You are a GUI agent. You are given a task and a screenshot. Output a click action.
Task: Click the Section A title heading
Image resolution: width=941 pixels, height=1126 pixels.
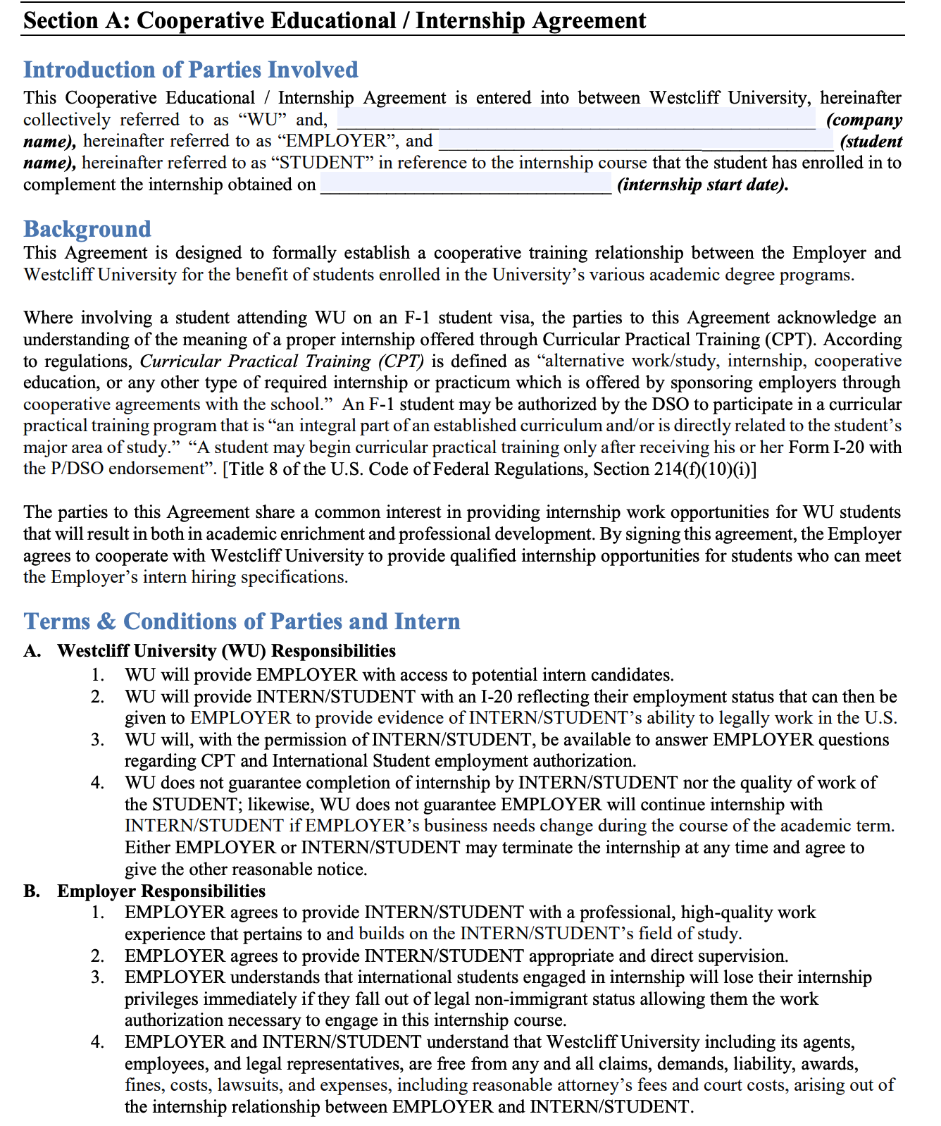pos(334,20)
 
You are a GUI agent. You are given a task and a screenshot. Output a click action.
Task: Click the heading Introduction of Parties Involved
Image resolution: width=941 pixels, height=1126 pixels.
pos(190,70)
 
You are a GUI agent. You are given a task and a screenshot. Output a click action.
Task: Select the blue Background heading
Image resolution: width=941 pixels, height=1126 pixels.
pos(87,229)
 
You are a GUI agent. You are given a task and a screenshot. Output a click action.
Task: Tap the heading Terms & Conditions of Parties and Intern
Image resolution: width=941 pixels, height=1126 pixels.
pos(242,621)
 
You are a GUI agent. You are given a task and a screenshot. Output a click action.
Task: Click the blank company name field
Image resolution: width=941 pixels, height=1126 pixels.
pos(575,119)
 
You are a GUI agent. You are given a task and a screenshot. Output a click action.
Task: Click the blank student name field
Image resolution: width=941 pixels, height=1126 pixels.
pos(635,141)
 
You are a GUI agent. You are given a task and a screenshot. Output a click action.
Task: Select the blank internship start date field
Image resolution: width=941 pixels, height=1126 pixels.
pos(466,185)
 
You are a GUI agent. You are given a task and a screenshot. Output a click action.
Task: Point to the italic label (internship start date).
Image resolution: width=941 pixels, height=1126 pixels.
pos(702,185)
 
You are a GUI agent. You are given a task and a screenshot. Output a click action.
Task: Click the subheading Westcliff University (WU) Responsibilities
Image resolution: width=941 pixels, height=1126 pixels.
pos(225,650)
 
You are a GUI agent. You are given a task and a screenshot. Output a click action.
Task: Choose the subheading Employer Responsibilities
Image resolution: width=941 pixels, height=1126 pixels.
pos(161,891)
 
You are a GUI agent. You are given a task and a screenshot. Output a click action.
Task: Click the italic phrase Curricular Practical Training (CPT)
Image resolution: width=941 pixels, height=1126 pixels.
pos(282,361)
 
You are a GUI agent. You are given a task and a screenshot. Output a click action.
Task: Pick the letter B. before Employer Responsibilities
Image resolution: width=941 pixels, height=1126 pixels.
pos(31,891)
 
